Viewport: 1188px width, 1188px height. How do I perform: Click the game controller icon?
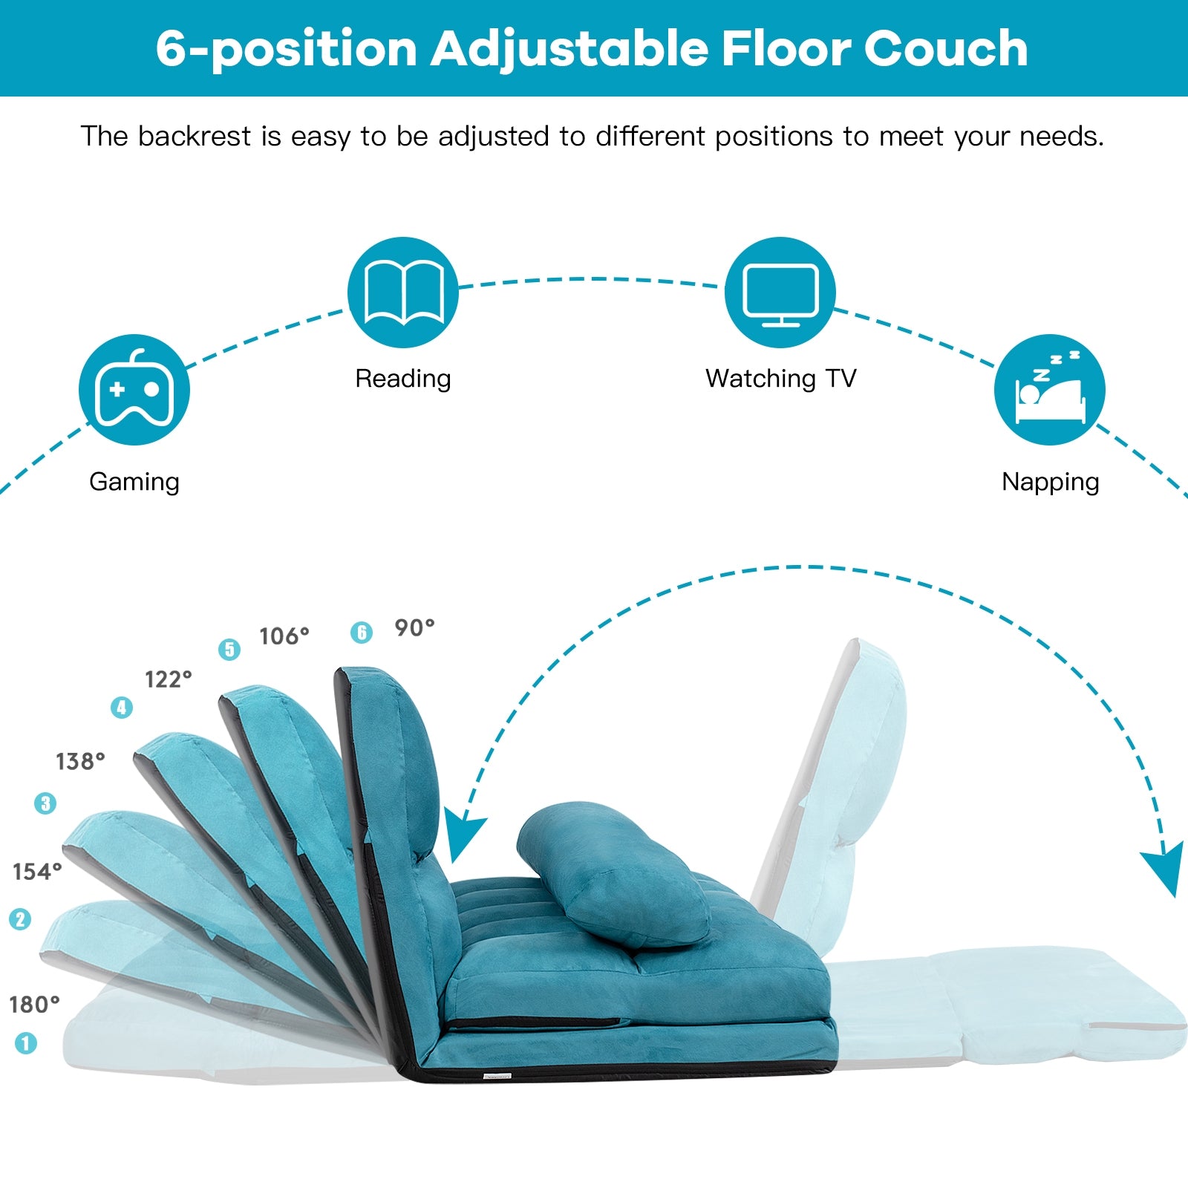[x=134, y=390]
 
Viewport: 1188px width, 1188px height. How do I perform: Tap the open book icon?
[x=403, y=293]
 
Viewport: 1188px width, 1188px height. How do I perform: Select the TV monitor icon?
[x=780, y=293]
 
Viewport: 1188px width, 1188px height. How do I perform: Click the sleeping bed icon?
[x=1049, y=390]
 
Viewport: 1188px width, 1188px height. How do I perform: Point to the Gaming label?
[x=134, y=482]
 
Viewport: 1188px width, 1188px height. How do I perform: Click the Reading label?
[x=403, y=379]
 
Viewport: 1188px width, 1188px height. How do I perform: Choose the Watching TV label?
[x=780, y=379]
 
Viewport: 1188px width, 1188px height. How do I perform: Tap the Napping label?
[x=1050, y=482]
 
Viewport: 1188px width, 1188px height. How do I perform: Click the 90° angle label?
[x=414, y=628]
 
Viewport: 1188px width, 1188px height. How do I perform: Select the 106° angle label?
[x=284, y=636]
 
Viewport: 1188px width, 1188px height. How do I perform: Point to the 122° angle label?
[x=169, y=679]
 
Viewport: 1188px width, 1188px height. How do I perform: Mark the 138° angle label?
[x=80, y=761]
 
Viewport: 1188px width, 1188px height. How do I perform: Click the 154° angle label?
[x=37, y=872]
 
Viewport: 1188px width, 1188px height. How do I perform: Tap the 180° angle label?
[x=34, y=1005]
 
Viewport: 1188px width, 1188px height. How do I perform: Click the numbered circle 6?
[x=362, y=633]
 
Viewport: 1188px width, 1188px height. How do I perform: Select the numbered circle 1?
[x=26, y=1043]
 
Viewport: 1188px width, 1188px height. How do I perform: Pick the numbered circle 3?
[x=45, y=803]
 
